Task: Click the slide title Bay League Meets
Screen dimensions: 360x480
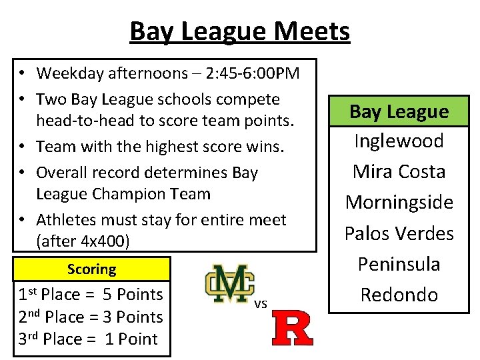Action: coord(239,31)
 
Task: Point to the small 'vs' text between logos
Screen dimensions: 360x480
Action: coord(261,303)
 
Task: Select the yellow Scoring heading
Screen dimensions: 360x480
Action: coord(91,269)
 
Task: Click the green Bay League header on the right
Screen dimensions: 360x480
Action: coord(399,111)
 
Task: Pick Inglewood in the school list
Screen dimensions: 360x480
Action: coord(399,141)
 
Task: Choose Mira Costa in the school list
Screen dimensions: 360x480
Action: coord(399,172)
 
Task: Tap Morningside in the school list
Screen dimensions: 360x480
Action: coord(399,203)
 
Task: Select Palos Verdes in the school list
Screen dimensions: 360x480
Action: coord(399,233)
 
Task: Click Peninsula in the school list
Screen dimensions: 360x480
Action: coord(399,264)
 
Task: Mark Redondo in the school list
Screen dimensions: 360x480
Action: coord(399,295)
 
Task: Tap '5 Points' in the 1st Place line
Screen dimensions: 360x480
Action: coord(133,295)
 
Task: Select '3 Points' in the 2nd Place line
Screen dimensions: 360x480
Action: coord(133,317)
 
